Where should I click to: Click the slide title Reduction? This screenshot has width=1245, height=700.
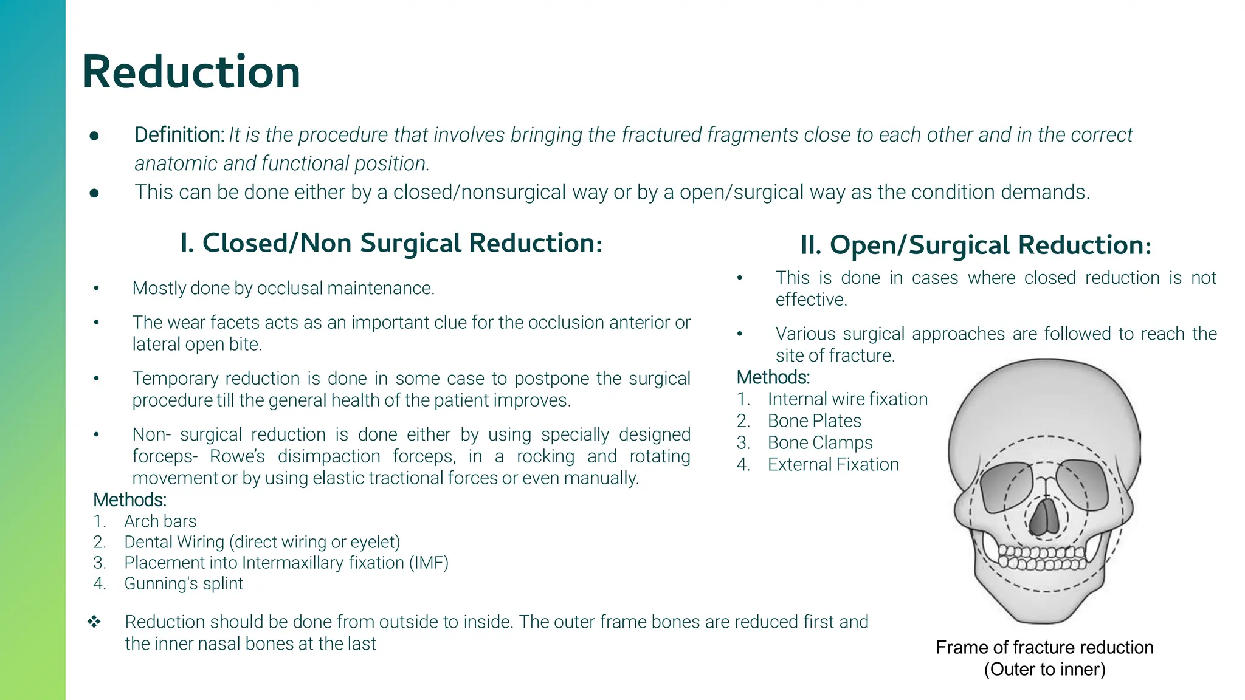point(191,72)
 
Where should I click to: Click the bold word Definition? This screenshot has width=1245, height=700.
point(179,135)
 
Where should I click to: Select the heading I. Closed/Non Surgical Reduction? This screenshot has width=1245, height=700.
point(391,243)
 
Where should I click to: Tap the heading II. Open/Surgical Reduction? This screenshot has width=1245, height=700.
point(975,245)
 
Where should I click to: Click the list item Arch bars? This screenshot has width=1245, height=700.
point(160,521)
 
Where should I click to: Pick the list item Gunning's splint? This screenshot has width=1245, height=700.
point(183,583)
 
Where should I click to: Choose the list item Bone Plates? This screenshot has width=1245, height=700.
point(814,421)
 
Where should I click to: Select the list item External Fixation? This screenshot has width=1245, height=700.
point(833,465)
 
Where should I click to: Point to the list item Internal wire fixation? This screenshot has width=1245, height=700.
point(847,399)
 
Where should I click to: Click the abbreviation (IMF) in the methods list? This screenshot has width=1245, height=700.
point(429,563)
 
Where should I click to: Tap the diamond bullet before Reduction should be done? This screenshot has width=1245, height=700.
point(94,622)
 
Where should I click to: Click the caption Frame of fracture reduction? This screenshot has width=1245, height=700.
point(1044,648)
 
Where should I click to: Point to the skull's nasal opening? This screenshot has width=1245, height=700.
point(1046,516)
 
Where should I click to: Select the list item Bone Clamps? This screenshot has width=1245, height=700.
point(819,443)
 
